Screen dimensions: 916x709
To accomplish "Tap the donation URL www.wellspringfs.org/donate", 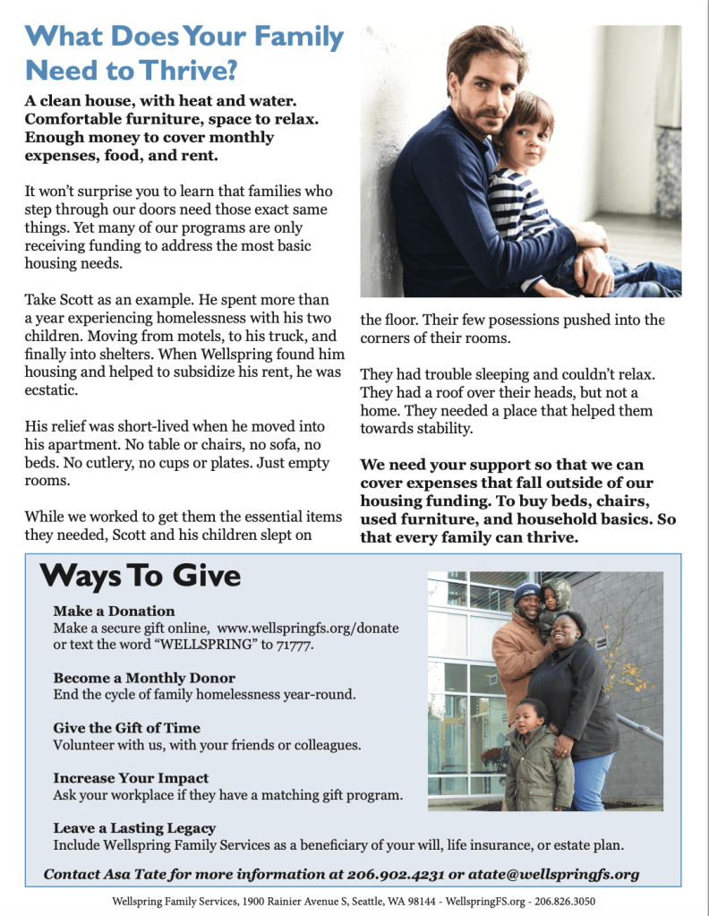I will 308,629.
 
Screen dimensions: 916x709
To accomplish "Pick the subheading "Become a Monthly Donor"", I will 144,678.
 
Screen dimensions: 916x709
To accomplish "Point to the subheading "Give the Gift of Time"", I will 126,728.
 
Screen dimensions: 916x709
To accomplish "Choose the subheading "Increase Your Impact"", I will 131,778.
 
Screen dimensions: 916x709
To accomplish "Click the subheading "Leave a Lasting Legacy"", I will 134,828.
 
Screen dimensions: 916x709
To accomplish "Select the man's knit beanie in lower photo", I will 528,592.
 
